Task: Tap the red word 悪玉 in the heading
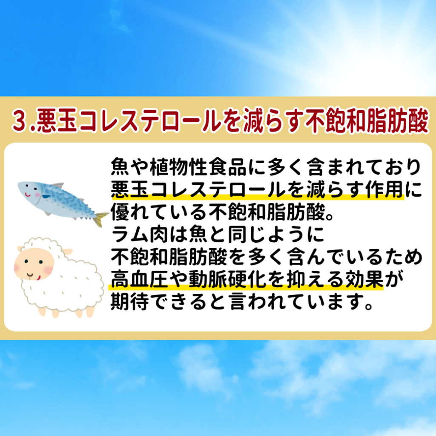click(57, 121)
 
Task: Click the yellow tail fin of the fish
click(100, 218)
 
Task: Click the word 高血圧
click(140, 279)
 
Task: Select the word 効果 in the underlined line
click(364, 279)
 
